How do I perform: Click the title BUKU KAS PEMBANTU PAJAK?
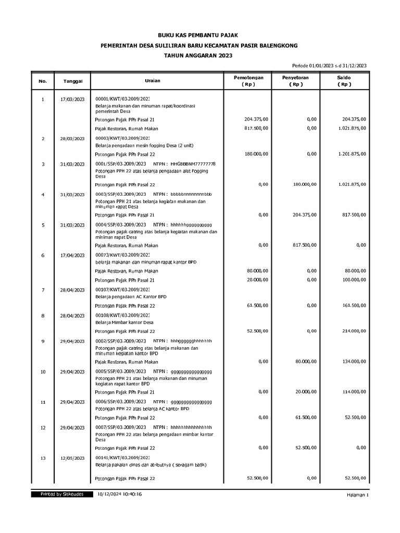200,35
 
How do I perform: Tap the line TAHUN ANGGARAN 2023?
200,56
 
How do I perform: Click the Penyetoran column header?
295,81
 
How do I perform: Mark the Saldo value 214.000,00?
352,331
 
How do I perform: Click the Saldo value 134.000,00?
352,362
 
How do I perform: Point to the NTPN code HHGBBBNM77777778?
193,164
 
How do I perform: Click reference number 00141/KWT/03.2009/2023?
122,458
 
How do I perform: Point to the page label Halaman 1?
357,495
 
